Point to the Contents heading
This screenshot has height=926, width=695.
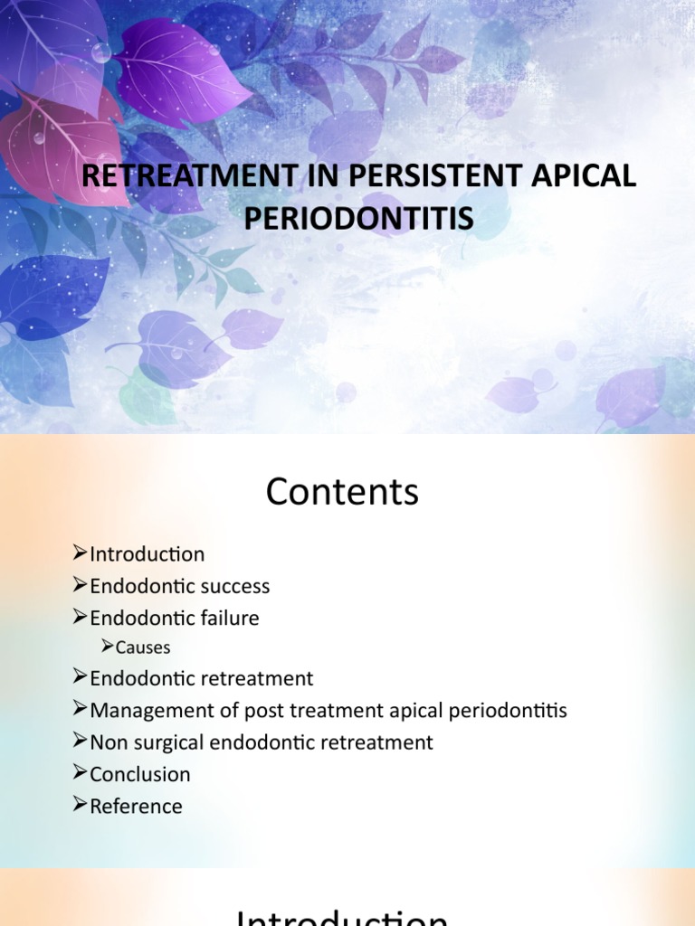342,493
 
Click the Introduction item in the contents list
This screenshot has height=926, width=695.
148,553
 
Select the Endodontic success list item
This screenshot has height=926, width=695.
180,586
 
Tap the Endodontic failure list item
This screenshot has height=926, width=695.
175,619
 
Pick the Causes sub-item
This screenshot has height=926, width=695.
143,647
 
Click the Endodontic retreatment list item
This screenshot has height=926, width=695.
202,678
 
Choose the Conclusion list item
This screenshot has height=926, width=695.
140,774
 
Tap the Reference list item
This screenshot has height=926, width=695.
137,806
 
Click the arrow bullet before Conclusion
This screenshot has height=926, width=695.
80,774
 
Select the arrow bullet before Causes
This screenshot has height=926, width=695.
107,647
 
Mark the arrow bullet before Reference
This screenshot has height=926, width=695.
80,806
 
